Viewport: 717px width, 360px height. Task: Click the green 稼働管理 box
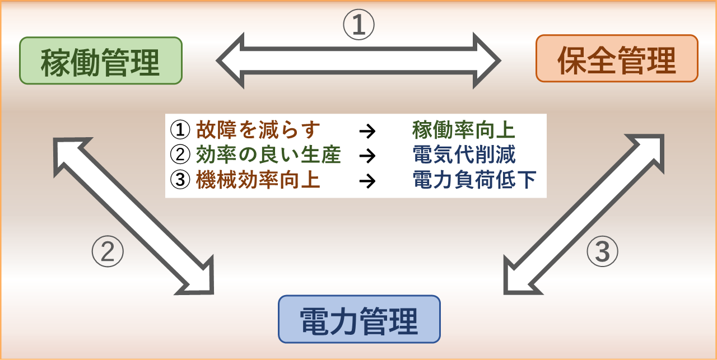click(x=101, y=61)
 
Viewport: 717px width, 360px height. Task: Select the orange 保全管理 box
click(x=617, y=59)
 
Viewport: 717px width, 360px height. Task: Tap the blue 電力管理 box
click(x=359, y=319)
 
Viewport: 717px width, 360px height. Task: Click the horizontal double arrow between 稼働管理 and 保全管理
click(x=358, y=60)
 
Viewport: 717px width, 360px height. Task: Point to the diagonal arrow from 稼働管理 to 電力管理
click(x=133, y=216)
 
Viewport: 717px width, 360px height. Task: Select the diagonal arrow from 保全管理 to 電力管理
click(x=584, y=214)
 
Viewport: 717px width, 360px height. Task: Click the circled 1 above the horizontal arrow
click(x=359, y=25)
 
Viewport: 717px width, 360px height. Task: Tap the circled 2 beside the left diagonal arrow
click(x=108, y=251)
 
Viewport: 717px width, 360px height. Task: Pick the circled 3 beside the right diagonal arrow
click(x=602, y=251)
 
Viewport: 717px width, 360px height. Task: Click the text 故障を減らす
click(x=258, y=130)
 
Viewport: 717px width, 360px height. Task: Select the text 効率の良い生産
click(x=268, y=155)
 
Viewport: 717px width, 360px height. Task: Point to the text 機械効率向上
click(x=258, y=179)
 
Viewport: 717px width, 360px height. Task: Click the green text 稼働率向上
click(x=464, y=130)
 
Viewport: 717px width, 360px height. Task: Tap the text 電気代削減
click(x=464, y=155)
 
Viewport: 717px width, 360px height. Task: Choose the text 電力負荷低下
click(x=474, y=179)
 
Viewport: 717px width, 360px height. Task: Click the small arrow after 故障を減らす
click(x=367, y=131)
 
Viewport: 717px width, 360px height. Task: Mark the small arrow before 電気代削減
click(x=367, y=156)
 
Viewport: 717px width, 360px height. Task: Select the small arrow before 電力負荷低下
click(x=367, y=181)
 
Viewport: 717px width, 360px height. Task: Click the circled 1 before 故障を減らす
click(x=180, y=130)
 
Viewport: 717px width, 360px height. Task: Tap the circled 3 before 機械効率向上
click(x=180, y=179)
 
